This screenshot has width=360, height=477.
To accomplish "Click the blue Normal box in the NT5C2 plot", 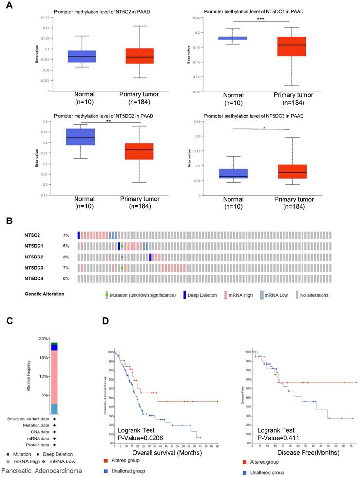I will (81, 56).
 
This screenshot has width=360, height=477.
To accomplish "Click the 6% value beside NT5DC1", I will (66, 246).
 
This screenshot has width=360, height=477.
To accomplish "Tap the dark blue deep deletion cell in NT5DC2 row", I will (150, 257).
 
